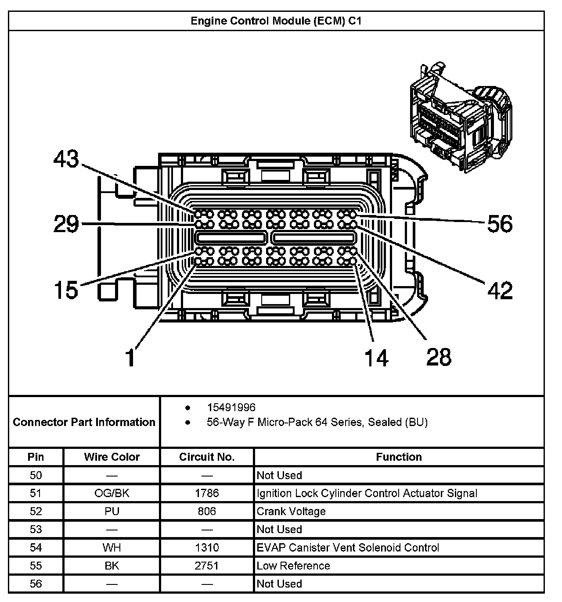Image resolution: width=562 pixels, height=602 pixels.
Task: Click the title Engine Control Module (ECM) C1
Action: click(x=276, y=21)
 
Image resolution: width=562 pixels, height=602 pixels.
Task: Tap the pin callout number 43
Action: click(x=66, y=159)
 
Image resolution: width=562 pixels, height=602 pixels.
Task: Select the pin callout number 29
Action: click(x=66, y=224)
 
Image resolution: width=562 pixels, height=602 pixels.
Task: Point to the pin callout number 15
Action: click(x=66, y=290)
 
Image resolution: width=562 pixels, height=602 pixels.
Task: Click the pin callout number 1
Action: click(x=130, y=357)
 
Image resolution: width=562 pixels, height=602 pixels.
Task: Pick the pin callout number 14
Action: click(x=376, y=358)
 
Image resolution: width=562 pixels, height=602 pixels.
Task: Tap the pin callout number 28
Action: click(x=439, y=357)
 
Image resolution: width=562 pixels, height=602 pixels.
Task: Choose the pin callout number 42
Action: click(x=500, y=290)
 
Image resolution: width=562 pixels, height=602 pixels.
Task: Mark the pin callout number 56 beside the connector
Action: click(x=500, y=224)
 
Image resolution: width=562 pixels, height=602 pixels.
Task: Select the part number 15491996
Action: click(x=231, y=407)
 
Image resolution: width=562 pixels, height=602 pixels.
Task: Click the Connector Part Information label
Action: click(x=84, y=422)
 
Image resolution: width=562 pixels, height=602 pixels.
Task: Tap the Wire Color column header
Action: click(x=112, y=457)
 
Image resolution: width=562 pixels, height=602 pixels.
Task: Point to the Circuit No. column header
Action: click(x=207, y=457)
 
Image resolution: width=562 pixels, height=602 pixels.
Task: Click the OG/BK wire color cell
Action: click(x=112, y=493)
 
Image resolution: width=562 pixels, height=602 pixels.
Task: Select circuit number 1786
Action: click(x=207, y=493)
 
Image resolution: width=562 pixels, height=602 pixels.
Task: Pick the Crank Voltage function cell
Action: click(x=291, y=511)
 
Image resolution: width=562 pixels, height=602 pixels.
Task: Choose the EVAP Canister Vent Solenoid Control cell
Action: click(x=348, y=548)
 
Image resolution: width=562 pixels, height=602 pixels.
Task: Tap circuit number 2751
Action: click(x=207, y=566)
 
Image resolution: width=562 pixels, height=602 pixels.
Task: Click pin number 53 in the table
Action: click(x=36, y=529)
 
